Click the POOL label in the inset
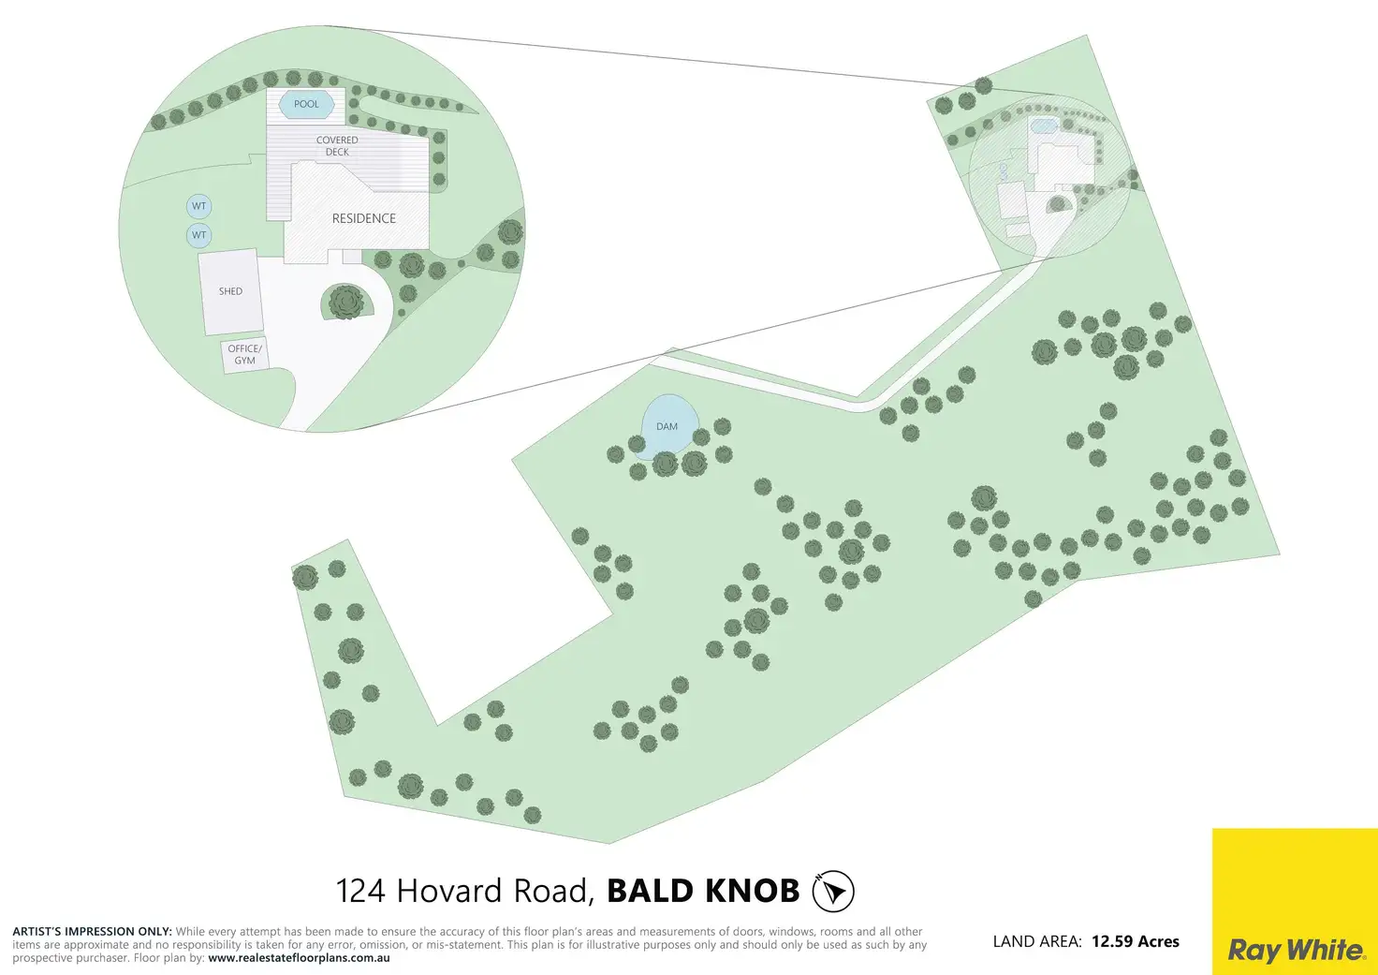306,104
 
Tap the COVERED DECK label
337,146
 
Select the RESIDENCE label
363,218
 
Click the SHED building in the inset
229,291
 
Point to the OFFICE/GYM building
244,355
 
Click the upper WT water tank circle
198,206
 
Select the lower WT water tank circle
198,235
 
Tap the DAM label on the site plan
667,426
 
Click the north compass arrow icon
833,891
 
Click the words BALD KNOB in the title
703,891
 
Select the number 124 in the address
360,891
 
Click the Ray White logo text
1296,950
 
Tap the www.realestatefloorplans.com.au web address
299,958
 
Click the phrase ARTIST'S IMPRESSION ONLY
92,932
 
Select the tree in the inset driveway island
345,303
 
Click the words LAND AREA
1037,941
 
